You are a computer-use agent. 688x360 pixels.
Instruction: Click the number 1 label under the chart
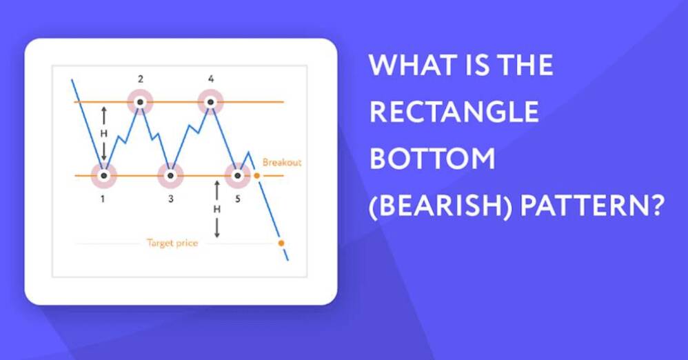coord(103,199)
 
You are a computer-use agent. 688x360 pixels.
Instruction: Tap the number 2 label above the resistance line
coord(141,79)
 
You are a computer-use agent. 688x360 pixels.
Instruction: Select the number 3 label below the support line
coord(171,199)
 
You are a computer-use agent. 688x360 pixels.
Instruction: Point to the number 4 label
coord(211,79)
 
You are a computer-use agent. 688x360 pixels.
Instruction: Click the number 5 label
coord(238,199)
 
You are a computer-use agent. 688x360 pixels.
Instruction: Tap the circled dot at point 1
coord(103,176)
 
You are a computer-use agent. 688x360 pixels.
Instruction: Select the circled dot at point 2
coord(140,102)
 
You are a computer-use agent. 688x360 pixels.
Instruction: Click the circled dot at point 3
coord(171,176)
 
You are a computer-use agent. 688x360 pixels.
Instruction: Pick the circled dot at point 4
coord(211,102)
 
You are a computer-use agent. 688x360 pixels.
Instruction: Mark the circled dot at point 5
coord(237,176)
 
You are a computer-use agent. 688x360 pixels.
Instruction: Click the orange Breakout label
coord(282,163)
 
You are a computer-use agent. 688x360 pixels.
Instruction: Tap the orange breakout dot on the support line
coord(257,176)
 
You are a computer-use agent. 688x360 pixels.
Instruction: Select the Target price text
coord(172,243)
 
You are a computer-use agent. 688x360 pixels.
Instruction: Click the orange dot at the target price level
coord(281,243)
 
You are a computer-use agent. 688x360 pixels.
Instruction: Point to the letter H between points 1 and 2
coord(103,134)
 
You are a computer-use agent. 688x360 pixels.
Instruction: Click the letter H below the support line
coord(216,210)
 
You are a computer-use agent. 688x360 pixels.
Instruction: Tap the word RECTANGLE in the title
coord(454,111)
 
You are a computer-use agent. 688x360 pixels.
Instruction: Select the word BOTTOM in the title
coord(433,158)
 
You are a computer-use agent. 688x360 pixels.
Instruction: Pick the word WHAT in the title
coord(412,65)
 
